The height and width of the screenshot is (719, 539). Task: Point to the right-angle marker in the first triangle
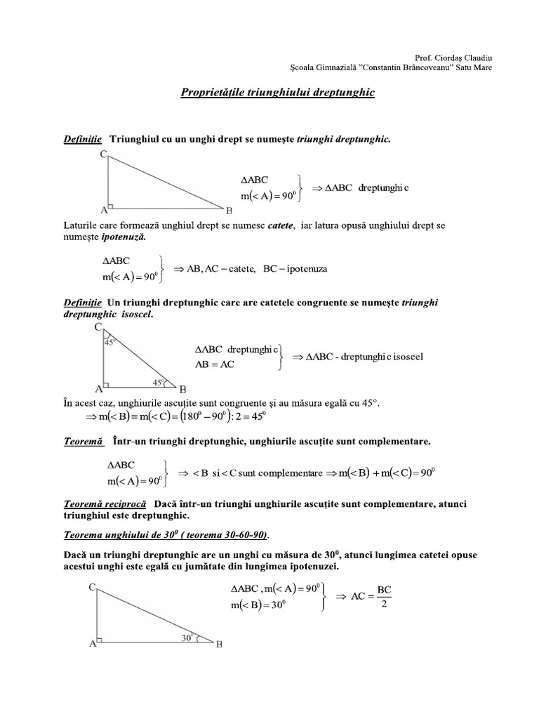[x=111, y=206]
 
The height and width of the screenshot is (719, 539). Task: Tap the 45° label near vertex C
[x=109, y=343]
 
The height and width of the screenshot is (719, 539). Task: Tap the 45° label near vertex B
[x=159, y=383]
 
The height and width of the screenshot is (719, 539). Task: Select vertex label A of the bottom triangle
[x=92, y=646]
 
